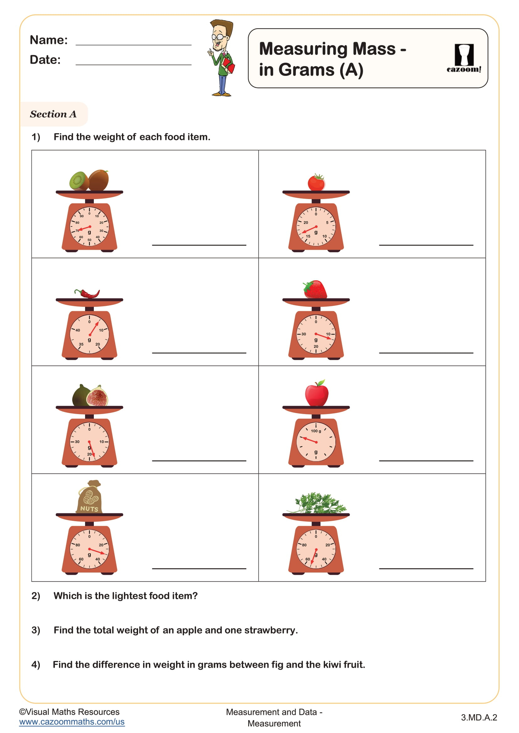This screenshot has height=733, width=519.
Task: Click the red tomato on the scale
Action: [316, 183]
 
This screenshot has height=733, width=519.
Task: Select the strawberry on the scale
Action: [315, 289]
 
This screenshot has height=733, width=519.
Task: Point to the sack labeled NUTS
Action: [89, 498]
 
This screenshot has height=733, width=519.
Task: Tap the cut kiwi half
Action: [79, 181]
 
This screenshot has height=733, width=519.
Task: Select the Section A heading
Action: [53, 114]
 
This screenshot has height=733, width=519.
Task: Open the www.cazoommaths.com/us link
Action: [72, 722]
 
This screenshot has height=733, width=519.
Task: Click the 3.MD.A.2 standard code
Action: [479, 717]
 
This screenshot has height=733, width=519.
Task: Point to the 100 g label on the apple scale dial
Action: [316, 431]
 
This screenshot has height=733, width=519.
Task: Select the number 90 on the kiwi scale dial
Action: [82, 216]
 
